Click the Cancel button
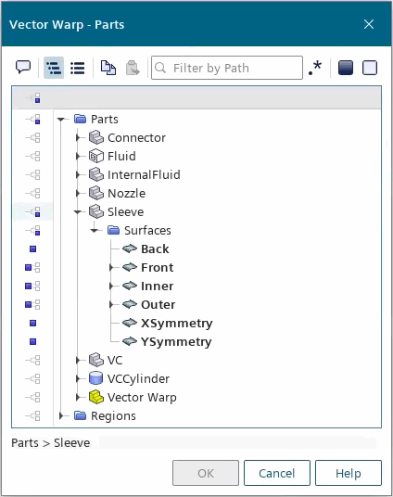[277, 473]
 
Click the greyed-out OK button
[206, 473]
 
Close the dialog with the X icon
[369, 24]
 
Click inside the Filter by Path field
[227, 68]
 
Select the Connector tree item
[136, 138]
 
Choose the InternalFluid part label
[144, 174]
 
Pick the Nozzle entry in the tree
[126, 194]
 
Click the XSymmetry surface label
[177, 324]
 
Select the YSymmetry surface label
[176, 341]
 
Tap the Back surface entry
[155, 249]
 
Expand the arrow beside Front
[111, 268]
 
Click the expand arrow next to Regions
[61, 415]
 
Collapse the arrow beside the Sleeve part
[78, 212]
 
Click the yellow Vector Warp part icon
[96, 397]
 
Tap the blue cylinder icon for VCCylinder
[96, 378]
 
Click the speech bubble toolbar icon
[23, 67]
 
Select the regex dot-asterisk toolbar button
[315, 68]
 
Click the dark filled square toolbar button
[346, 68]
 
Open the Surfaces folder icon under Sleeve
[113, 230]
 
